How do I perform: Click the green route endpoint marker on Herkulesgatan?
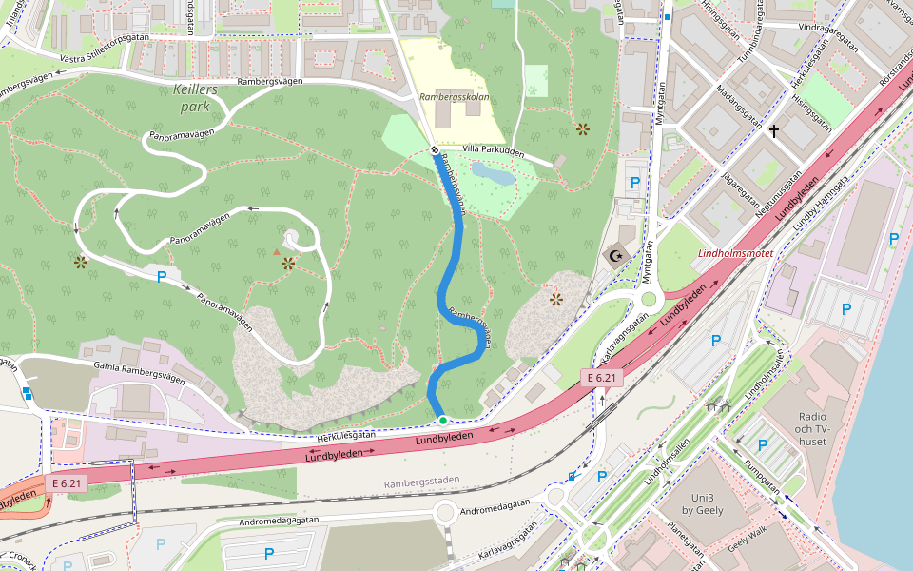pyautogui.click(x=442, y=420)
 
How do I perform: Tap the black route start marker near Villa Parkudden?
pyautogui.click(x=435, y=150)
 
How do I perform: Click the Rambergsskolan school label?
pyautogui.click(x=455, y=97)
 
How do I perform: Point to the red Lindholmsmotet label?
pyautogui.click(x=735, y=254)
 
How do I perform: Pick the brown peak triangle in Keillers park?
pyautogui.click(x=277, y=252)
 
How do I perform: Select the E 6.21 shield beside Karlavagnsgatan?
pyautogui.click(x=602, y=378)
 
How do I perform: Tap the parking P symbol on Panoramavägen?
pyautogui.click(x=162, y=277)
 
